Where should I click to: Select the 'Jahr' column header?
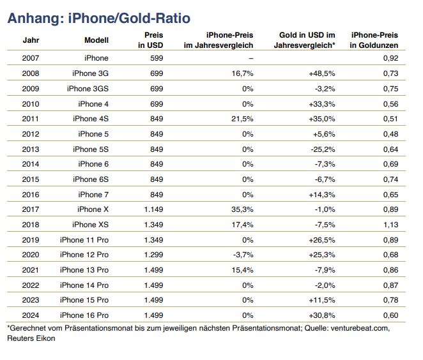[31, 40]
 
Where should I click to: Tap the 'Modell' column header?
[96, 40]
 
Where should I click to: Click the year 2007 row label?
[31, 58]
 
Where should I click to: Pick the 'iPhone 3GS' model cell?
[88, 89]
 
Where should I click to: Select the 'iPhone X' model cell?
[93, 210]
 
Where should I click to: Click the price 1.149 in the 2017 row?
[152, 210]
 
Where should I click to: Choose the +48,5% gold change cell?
[321, 73]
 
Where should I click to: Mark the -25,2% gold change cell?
[323, 149]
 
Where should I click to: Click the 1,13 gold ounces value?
[390, 225]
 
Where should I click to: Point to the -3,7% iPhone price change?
[243, 255]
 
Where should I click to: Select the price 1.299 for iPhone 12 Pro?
[152, 255]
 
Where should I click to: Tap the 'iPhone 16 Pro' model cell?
[84, 316]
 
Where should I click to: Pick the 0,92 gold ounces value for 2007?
[390, 58]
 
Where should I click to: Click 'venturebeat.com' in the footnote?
[355, 329]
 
